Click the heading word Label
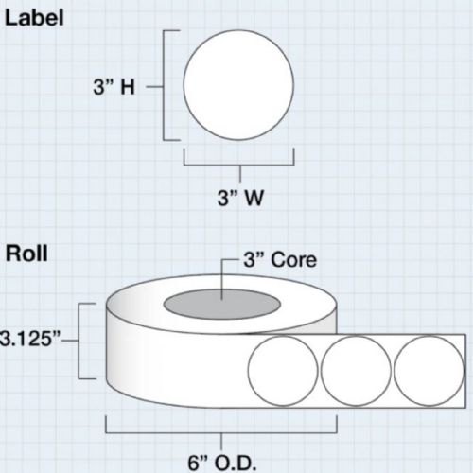(34, 18)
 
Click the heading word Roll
(26, 254)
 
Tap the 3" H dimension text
(114, 87)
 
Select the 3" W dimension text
(240, 198)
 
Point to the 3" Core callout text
(280, 260)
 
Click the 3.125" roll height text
(30, 340)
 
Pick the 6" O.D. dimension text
(222, 464)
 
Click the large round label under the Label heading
(238, 85)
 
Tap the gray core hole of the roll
(222, 304)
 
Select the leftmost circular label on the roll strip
(283, 371)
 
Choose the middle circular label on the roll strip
(356, 371)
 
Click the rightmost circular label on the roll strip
(429, 371)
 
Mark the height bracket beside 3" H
(163, 86)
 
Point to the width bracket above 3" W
(239, 165)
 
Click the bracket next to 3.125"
(79, 341)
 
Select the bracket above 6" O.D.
(221, 433)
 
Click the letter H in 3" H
(128, 87)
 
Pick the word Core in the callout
(293, 260)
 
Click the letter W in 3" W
(254, 199)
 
